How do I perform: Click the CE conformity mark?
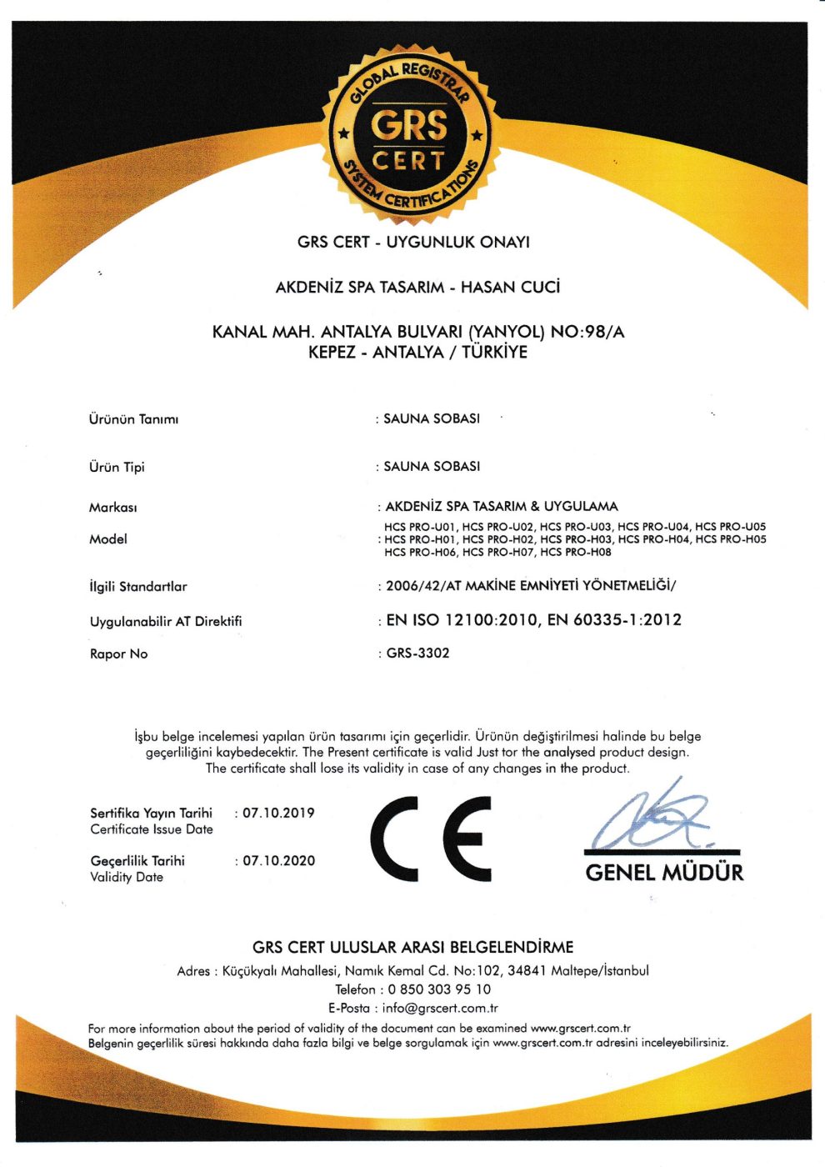(x=431, y=838)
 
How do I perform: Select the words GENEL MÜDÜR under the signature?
(x=664, y=873)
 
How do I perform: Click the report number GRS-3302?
(x=417, y=654)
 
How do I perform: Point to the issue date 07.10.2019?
(x=278, y=813)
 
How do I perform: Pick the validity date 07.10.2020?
(x=278, y=861)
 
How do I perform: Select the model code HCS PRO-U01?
(x=420, y=527)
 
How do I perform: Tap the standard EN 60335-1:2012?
(x=614, y=620)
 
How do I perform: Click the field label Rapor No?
(x=118, y=654)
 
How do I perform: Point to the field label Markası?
(x=112, y=508)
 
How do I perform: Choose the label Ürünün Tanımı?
(x=133, y=419)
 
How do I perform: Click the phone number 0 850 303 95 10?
(x=439, y=989)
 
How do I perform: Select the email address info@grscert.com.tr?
(x=440, y=1008)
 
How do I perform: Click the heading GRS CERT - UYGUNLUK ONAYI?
(x=413, y=243)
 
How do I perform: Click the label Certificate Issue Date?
(x=152, y=829)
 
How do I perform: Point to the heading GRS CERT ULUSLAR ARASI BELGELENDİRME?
(x=413, y=948)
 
